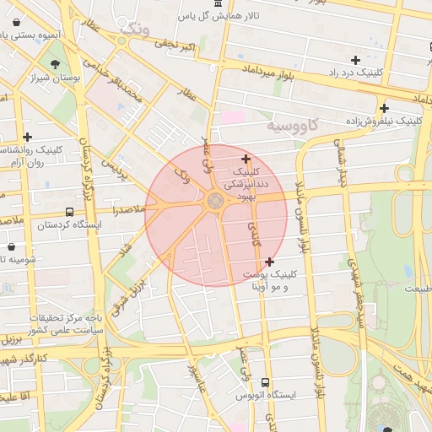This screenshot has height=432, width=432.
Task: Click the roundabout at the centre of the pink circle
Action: (x=216, y=200)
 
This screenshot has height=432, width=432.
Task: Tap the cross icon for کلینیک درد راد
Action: (x=355, y=60)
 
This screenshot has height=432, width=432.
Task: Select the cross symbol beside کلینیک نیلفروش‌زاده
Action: (x=384, y=108)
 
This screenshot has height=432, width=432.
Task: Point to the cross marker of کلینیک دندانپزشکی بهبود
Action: (x=246, y=159)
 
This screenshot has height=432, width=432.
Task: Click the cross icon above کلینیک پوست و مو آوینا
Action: (x=269, y=262)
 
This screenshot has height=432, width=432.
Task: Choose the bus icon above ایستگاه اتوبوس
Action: (x=267, y=382)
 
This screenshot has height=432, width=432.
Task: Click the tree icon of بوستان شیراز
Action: (x=55, y=65)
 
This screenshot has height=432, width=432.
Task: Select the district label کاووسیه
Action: (x=294, y=125)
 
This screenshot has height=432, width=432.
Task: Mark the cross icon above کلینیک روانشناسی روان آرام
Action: (x=28, y=136)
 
